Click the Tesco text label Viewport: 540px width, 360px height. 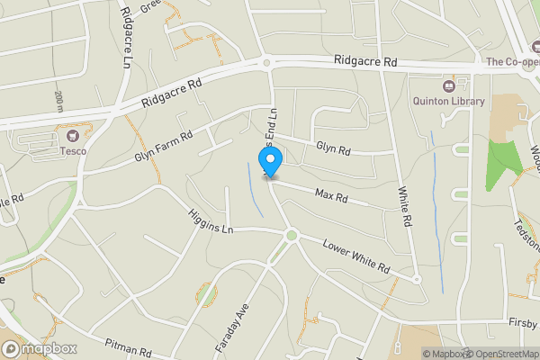click(73, 151)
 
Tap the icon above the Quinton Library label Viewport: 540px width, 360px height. click(419, 84)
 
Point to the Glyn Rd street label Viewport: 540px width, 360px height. click(332, 147)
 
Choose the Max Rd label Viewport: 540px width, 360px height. click(329, 193)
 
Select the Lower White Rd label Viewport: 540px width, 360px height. click(355, 256)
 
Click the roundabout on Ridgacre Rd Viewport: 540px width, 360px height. click(267, 62)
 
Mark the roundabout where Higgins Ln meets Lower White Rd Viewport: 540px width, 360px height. click(291, 236)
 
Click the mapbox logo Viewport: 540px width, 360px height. click(38, 348)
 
